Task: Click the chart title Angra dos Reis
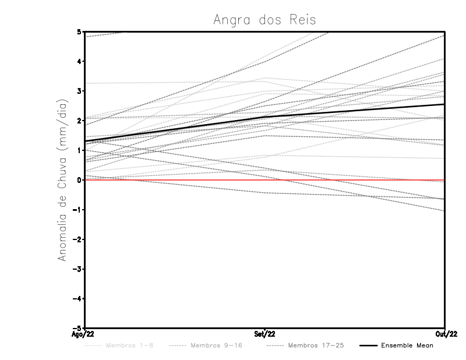click(x=264, y=19)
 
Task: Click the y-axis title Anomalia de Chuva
click(x=63, y=180)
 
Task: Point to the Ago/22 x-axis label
click(x=82, y=334)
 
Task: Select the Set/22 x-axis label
click(x=264, y=334)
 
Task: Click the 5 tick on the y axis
click(x=80, y=31)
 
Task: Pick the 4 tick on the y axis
click(x=80, y=61)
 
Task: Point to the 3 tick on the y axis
click(x=80, y=91)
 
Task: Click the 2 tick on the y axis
click(x=80, y=121)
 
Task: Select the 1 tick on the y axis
click(x=80, y=150)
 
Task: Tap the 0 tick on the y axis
click(x=80, y=180)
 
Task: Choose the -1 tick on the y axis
click(x=78, y=210)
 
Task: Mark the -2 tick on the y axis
click(x=78, y=239)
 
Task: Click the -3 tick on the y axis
click(x=78, y=269)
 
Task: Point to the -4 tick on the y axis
click(x=78, y=299)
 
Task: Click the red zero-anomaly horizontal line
click(x=349, y=180)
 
